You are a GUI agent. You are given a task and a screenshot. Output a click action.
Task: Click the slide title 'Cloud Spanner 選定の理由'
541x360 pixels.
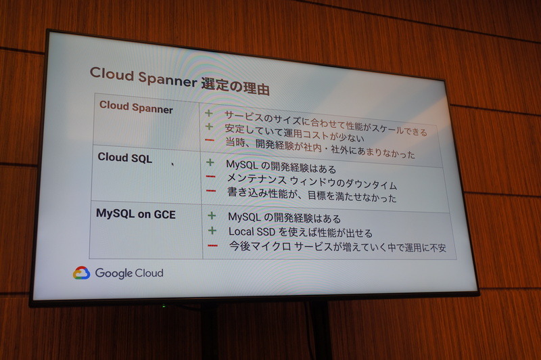[x=179, y=80]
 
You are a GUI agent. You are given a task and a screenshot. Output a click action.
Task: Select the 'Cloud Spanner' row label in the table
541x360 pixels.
[x=136, y=107]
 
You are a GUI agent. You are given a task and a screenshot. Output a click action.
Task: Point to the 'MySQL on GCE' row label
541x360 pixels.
[x=135, y=214]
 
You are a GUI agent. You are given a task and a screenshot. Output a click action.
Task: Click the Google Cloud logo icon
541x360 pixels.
[x=81, y=273]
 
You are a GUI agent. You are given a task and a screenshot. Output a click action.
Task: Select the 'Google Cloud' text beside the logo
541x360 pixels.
[x=128, y=273]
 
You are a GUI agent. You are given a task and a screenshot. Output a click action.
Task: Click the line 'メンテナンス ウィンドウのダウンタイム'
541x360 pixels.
[x=312, y=183]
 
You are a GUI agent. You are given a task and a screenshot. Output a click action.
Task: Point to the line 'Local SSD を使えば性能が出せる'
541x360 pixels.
[x=300, y=232]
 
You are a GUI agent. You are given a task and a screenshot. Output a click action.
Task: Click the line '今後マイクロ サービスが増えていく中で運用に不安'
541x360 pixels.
[x=337, y=248]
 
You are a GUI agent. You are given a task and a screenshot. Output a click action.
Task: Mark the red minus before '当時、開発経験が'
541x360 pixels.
[x=209, y=141]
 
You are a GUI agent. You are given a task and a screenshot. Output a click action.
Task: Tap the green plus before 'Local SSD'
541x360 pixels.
[x=212, y=231]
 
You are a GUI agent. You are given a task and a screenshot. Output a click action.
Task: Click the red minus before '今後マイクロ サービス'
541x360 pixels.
[x=213, y=245]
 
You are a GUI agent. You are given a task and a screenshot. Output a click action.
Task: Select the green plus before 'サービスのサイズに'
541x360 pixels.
[x=208, y=113]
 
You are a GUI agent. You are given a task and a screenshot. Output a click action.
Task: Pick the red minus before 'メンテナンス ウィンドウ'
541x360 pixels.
[x=211, y=177]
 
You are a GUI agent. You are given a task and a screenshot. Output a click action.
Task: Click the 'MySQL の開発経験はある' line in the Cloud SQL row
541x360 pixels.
[x=281, y=167]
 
